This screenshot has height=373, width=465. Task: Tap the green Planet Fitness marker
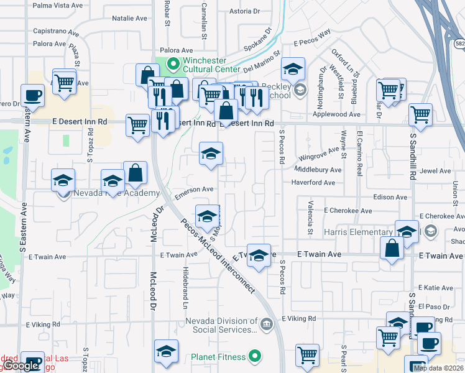pyautogui.click(x=254, y=356)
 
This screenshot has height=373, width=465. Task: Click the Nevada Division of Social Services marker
pyautogui.click(x=266, y=323)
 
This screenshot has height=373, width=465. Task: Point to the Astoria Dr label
pyautogui.click(x=244, y=11)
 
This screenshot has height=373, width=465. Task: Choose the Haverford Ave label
pyautogui.click(x=313, y=183)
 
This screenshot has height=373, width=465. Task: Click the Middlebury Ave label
pyautogui.click(x=318, y=170)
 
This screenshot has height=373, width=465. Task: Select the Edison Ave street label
pyautogui.click(x=390, y=197)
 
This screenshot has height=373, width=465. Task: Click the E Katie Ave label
pyautogui.click(x=436, y=288)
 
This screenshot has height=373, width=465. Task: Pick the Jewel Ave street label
pyautogui.click(x=435, y=171)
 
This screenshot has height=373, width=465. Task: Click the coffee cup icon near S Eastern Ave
pyautogui.click(x=32, y=96)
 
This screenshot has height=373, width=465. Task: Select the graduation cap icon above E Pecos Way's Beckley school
pyautogui.click(x=293, y=69)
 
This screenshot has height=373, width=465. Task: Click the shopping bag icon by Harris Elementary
pyautogui.click(x=392, y=249)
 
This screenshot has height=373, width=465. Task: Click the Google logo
pyautogui.click(x=22, y=366)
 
